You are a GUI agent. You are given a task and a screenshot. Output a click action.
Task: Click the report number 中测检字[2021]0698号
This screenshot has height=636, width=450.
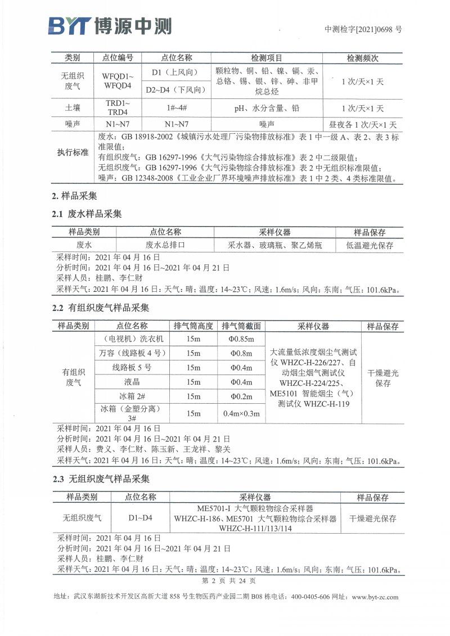click(363, 30)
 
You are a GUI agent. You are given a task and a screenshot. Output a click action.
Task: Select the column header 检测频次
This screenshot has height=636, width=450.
click(362, 58)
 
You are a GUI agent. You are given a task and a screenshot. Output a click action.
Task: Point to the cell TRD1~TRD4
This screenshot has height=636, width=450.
click(118, 108)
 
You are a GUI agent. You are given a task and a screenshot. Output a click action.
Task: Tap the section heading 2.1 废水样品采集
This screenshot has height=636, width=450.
click(87, 214)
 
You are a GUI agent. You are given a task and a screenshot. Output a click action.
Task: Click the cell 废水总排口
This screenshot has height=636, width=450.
click(165, 245)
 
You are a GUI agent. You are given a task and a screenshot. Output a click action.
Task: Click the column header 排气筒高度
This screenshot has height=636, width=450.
click(193, 326)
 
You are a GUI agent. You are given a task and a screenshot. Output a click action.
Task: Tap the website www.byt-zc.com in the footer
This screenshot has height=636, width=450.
click(375, 597)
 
